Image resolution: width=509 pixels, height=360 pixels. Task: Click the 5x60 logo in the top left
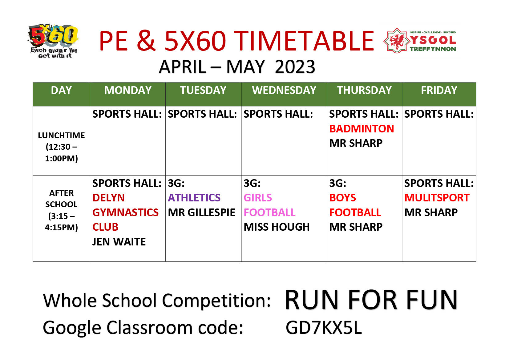point(54,41)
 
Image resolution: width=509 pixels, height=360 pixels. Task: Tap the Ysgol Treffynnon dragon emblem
point(397,40)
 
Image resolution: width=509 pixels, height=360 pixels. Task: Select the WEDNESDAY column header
point(284,90)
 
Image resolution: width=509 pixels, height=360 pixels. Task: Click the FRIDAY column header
point(439,90)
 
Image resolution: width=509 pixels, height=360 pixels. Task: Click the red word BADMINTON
point(362,129)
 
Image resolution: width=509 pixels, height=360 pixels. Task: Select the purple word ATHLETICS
point(194,198)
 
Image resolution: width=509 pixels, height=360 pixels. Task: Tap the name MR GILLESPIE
point(202,212)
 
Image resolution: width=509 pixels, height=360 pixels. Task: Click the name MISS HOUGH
point(277,227)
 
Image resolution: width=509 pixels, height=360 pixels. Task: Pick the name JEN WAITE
point(119,241)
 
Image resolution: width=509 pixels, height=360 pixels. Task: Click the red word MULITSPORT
point(437,198)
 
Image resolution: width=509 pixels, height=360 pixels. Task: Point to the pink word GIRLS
point(258,198)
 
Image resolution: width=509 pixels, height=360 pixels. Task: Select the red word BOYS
point(343,198)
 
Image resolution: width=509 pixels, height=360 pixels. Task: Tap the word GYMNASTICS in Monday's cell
point(125,212)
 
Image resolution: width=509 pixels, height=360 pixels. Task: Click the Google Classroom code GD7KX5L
point(324,328)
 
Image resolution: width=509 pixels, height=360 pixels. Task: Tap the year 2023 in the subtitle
point(295,67)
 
